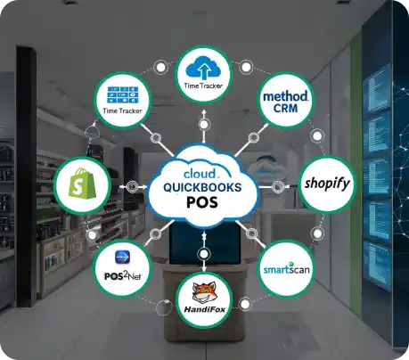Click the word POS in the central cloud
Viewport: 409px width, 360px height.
pyautogui.click(x=202, y=202)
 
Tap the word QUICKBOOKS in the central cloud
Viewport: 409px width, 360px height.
pyautogui.click(x=202, y=187)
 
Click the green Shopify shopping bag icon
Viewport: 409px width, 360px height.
pyautogui.click(x=82, y=183)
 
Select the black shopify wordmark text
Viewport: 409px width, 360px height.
pyautogui.click(x=327, y=184)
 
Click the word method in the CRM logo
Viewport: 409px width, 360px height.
pyautogui.click(x=285, y=96)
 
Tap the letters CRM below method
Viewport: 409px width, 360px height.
pyautogui.click(x=285, y=108)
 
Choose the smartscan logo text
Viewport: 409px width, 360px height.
pyautogui.click(x=286, y=269)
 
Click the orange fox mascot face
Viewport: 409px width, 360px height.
pyautogui.click(x=204, y=292)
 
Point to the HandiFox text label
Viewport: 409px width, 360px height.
pyautogui.click(x=205, y=309)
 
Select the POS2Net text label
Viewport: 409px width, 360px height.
pyautogui.click(x=123, y=276)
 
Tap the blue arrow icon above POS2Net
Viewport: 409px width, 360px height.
pyautogui.click(x=122, y=257)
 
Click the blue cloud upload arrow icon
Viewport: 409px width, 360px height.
pyautogui.click(x=203, y=69)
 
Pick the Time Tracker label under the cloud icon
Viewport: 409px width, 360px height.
pyautogui.click(x=203, y=86)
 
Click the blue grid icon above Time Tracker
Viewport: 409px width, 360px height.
pyautogui.click(x=123, y=94)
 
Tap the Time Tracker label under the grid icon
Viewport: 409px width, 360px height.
pyautogui.click(x=122, y=111)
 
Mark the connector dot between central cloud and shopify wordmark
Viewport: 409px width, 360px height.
pyautogui.click(x=278, y=187)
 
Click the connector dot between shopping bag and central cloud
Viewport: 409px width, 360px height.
pyautogui.click(x=133, y=186)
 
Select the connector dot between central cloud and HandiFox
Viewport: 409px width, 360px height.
pyautogui.click(x=204, y=254)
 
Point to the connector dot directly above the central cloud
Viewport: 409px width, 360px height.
pyautogui.click(x=204, y=124)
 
